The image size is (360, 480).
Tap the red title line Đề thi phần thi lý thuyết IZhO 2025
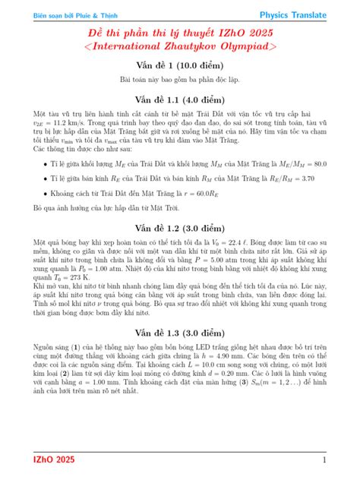tap(179, 34)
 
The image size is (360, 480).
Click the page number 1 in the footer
tap(324, 459)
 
